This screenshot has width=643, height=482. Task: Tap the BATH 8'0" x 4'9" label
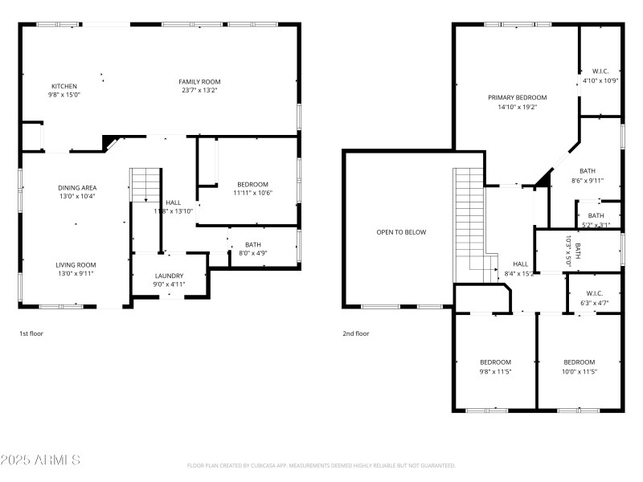(x=253, y=249)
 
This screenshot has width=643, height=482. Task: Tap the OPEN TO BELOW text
(x=401, y=232)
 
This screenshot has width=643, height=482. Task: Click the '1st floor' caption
(x=32, y=333)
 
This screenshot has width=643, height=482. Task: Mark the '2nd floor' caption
(x=355, y=333)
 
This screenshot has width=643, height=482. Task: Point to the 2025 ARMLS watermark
(x=40, y=460)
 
